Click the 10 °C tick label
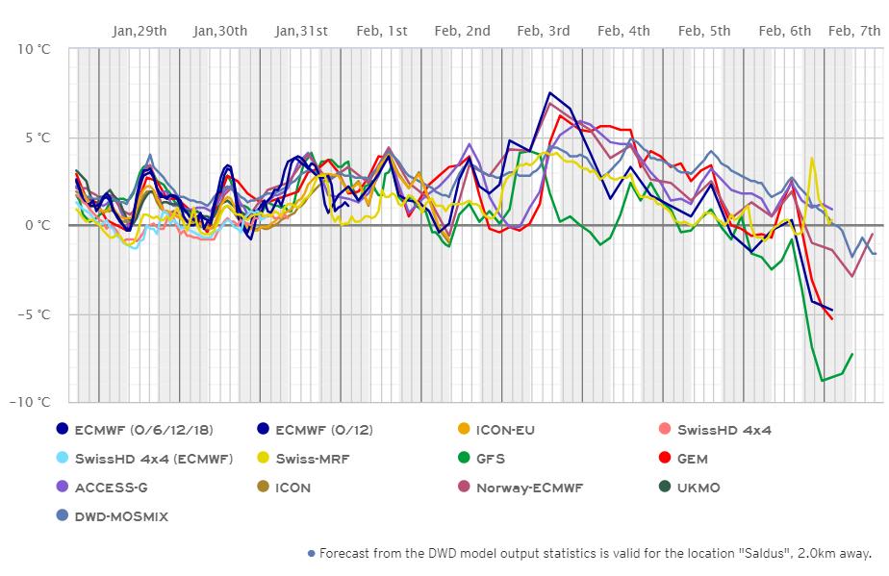coord(32,49)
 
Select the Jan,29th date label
coord(140,31)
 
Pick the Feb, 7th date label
coord(853,31)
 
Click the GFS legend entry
coord(490,459)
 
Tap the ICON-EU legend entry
coord(506,430)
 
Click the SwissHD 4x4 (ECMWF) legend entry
coord(152,459)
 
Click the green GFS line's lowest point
coord(822,381)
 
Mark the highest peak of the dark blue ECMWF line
coord(549,93)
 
